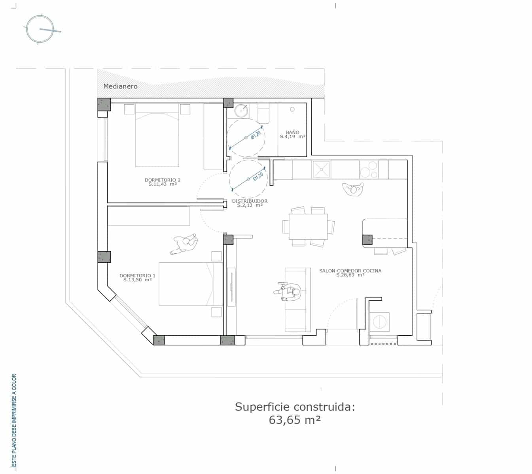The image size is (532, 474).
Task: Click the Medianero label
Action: point(120,86)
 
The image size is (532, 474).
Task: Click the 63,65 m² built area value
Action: point(294,420)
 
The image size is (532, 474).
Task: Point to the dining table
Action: point(308,226)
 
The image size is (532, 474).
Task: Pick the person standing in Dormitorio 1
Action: point(185,244)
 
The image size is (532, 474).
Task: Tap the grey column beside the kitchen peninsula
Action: point(367,240)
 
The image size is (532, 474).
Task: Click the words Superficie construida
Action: point(295,406)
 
